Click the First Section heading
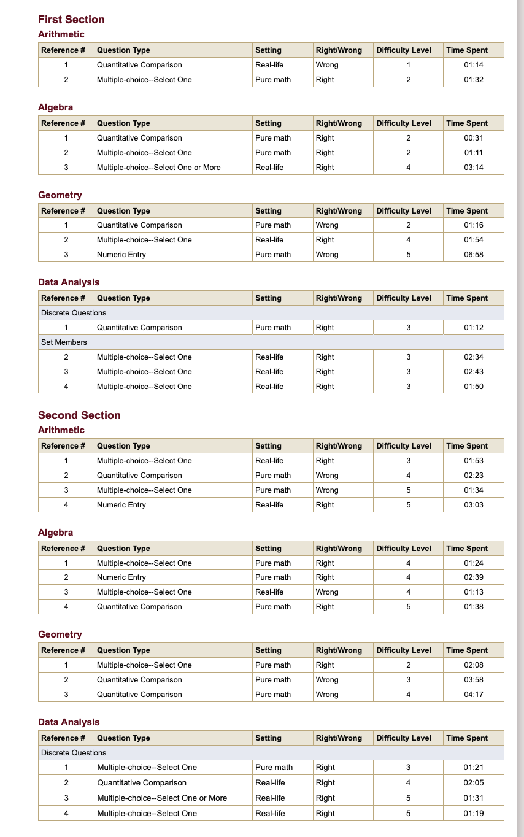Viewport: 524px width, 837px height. coord(71,20)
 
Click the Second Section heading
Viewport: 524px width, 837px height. coord(79,415)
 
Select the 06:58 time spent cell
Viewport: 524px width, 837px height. coord(473,255)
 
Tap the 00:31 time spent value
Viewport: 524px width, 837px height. coord(473,138)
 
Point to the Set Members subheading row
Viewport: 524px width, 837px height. coord(64,342)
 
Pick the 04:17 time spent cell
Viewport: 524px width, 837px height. coord(473,695)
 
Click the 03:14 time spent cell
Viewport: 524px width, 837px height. coord(473,168)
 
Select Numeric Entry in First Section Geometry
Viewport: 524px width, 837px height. coord(121,255)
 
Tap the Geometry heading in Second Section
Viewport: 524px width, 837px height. coord(60,634)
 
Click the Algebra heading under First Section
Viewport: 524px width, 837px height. coord(55,107)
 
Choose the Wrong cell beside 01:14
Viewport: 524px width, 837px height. coord(327,65)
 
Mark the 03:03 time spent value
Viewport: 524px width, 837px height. coord(473,505)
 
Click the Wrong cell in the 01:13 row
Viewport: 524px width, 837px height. coord(327,592)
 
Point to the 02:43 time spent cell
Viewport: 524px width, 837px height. coord(473,372)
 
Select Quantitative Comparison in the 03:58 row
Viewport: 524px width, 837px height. coord(139,680)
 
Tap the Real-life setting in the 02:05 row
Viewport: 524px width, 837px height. coord(270,783)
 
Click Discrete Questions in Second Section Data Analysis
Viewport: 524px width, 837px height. coord(74,753)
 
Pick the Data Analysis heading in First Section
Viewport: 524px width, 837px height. coord(69,282)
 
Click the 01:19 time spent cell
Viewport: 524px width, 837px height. coord(473,814)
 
